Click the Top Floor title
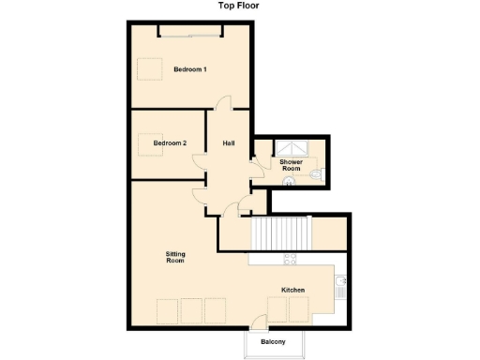[239, 6]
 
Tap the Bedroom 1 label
[190, 69]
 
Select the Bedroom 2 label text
[170, 142]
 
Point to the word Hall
[228, 143]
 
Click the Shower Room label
[291, 165]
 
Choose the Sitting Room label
[174, 257]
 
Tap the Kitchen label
[293, 291]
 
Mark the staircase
[280, 232]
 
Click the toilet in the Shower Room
[317, 174]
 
